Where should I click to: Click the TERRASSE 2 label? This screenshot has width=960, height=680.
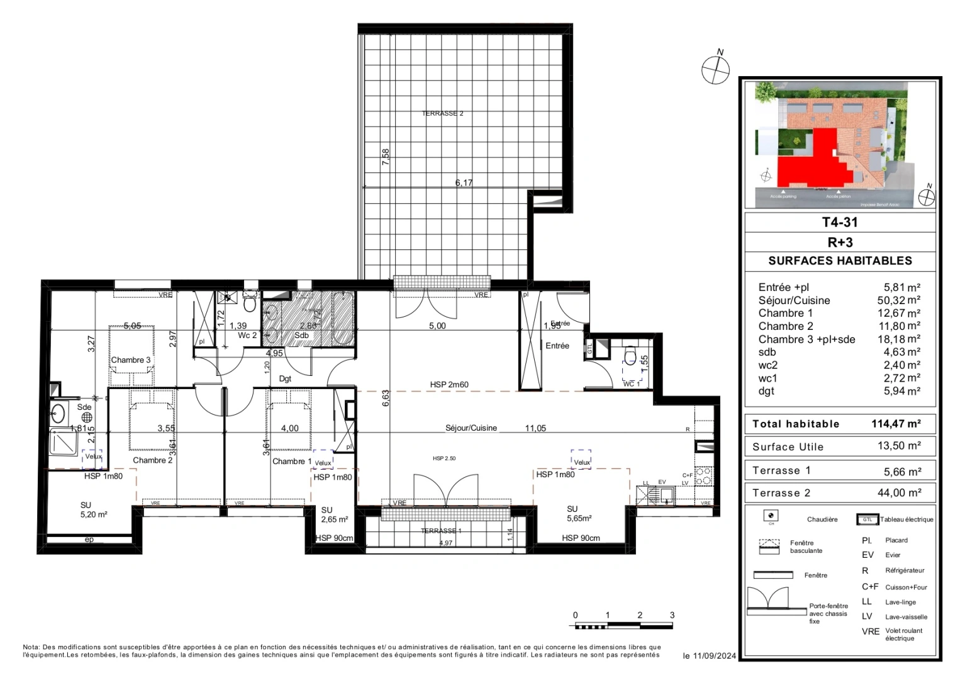(x=442, y=113)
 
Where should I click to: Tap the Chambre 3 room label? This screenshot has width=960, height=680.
(x=130, y=360)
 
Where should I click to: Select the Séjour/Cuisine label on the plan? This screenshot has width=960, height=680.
(x=471, y=428)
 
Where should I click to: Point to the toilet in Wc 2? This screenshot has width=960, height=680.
(x=249, y=304)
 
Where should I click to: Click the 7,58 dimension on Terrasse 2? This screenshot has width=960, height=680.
(x=386, y=157)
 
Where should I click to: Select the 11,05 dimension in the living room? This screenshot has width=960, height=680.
(x=535, y=428)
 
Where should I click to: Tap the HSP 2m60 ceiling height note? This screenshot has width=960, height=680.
(x=449, y=385)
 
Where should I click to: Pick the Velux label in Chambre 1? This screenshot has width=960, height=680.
(x=323, y=463)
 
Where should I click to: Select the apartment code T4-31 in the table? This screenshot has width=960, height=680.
(x=839, y=222)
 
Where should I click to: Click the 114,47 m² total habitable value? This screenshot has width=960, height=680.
(x=896, y=424)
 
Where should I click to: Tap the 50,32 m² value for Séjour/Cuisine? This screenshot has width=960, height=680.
(x=898, y=300)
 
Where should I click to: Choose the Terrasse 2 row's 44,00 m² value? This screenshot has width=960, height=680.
(x=899, y=493)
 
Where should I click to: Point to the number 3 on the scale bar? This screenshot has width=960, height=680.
(x=672, y=615)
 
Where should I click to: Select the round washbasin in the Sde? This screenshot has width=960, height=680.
(x=59, y=414)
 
